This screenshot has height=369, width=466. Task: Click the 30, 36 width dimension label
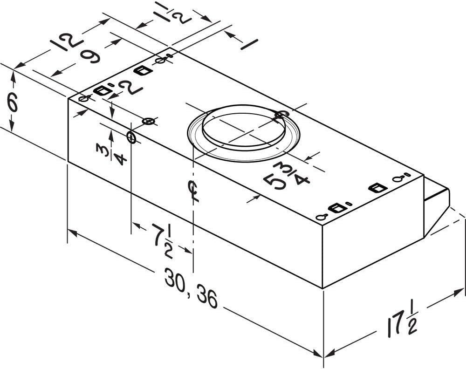pos(191,288)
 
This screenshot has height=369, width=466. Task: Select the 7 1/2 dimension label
pos(162,241)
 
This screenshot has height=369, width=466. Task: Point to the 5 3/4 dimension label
pos(286,177)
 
